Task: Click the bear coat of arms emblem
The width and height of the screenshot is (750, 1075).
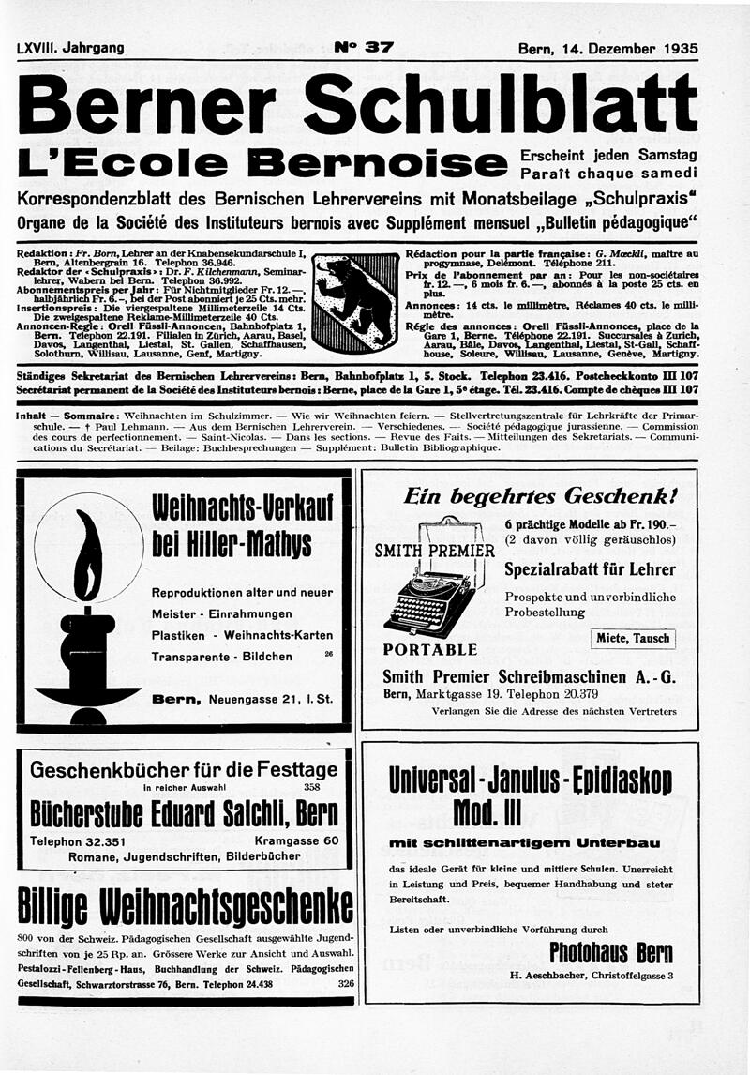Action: pyautogui.click(x=354, y=301)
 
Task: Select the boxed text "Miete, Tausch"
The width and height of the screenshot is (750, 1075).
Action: pyautogui.click(x=633, y=639)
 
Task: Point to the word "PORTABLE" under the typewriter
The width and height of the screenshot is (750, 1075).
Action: pyautogui.click(x=430, y=649)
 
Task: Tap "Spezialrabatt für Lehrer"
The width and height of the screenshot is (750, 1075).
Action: pyautogui.click(x=590, y=569)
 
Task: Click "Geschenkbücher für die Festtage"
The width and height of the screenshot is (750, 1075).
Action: pyautogui.click(x=184, y=770)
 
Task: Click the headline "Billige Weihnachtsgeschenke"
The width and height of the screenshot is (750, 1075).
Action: pyautogui.click(x=186, y=906)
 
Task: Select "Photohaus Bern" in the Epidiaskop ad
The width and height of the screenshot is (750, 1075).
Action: pyautogui.click(x=610, y=953)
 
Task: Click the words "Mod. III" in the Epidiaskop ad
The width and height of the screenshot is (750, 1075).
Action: pyautogui.click(x=530, y=810)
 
